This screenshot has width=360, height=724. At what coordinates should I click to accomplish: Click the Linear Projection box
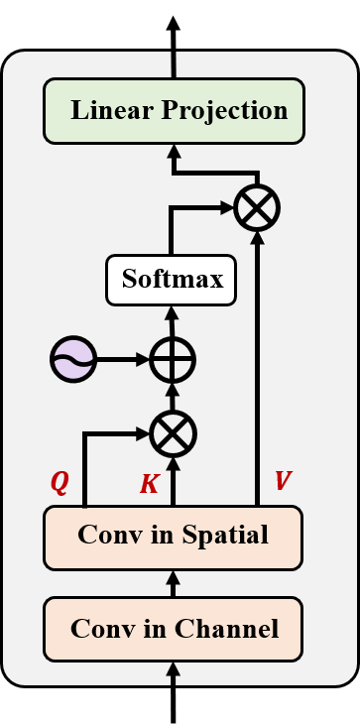(x=174, y=110)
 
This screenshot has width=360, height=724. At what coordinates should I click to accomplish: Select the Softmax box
(x=171, y=280)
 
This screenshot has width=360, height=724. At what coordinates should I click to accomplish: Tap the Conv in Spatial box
(x=173, y=537)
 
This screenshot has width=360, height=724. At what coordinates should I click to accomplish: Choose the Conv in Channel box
(x=173, y=629)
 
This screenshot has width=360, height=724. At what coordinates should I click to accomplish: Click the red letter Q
(x=60, y=482)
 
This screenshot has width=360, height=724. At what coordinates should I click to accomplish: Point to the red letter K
(x=149, y=484)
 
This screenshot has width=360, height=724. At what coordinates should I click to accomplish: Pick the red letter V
(x=283, y=481)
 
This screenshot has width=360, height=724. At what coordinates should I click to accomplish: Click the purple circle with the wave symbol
(x=73, y=358)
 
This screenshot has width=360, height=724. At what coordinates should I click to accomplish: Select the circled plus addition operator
(x=173, y=359)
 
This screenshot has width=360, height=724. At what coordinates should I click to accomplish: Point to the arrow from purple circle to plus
(x=123, y=359)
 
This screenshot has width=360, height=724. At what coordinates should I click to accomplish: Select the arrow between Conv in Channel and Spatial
(x=173, y=583)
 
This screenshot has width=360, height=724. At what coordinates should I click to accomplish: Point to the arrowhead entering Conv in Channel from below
(x=173, y=667)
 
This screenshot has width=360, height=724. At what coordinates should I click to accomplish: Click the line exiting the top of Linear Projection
(x=174, y=64)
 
